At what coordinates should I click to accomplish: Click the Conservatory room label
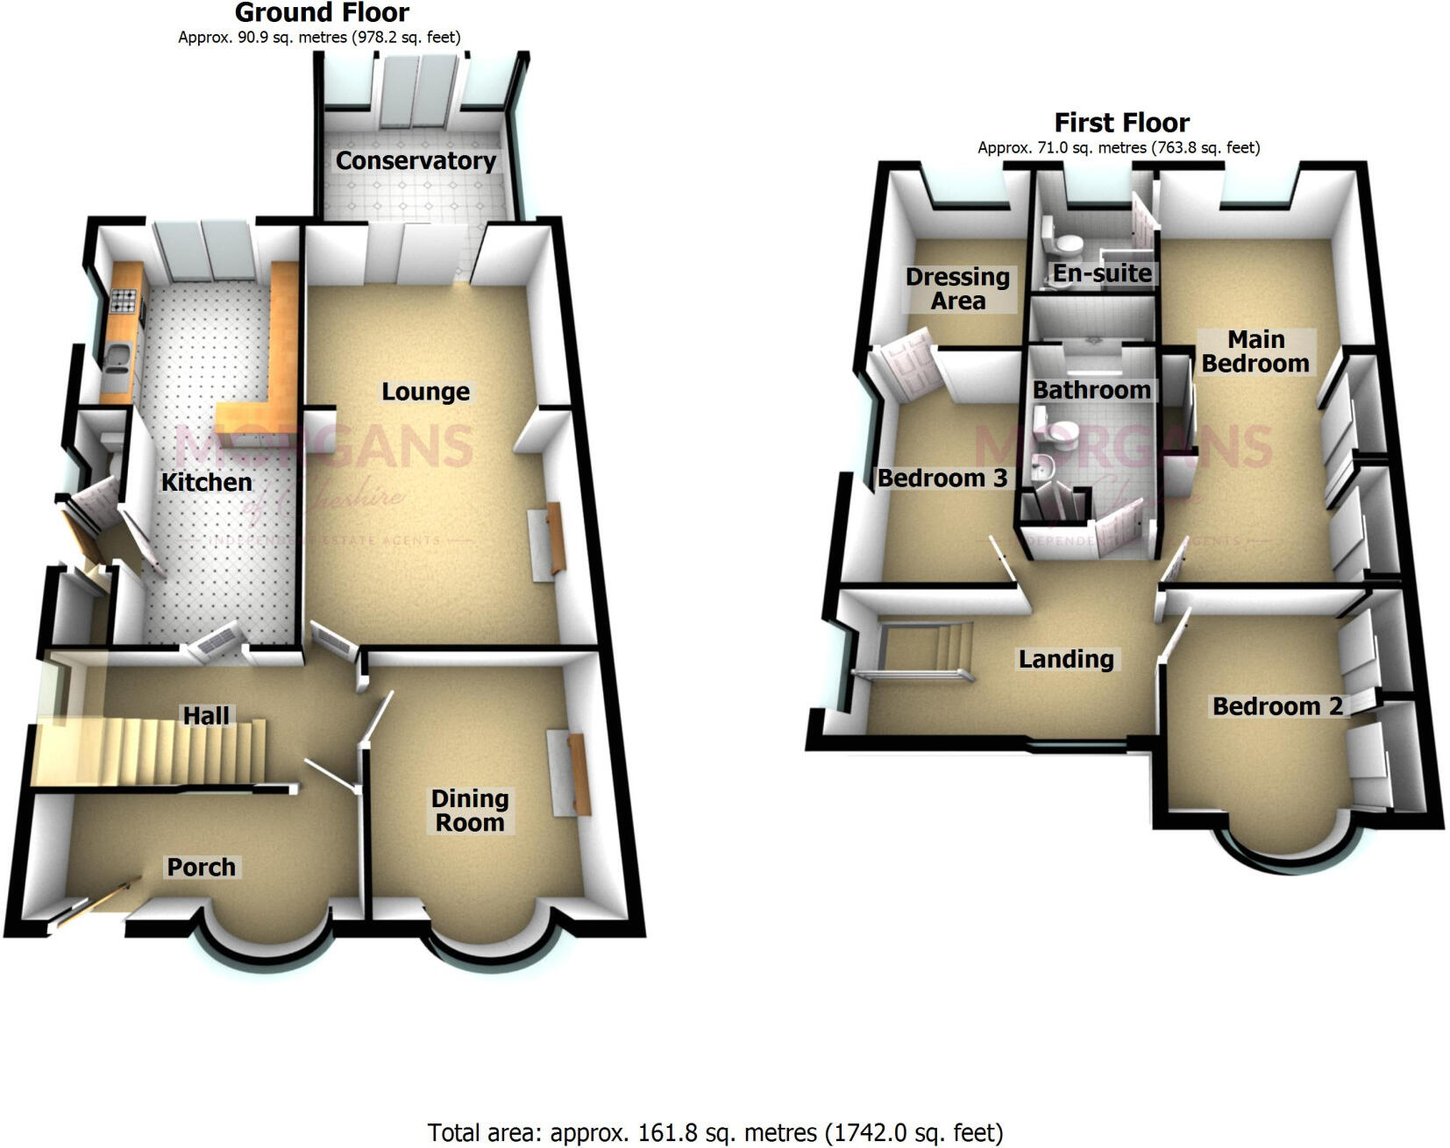[x=416, y=161]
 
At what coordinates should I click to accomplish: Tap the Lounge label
[x=425, y=392]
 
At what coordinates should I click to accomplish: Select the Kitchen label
[x=206, y=482]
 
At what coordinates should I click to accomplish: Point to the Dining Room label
[x=470, y=811]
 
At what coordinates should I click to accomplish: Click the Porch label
[x=202, y=868]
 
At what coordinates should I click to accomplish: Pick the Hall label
[x=206, y=716]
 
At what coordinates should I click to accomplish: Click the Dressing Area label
[x=957, y=289]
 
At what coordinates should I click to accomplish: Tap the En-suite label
[x=1102, y=273]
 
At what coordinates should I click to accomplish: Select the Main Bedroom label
[x=1255, y=351]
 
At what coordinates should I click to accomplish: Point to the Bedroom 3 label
[x=942, y=478]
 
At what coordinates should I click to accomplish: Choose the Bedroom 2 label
[x=1277, y=706]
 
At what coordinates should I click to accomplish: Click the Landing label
[x=1066, y=659]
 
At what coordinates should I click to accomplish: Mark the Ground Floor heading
[x=322, y=13]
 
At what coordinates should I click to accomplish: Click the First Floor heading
[x=1121, y=123]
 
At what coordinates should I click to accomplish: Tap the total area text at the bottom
[x=714, y=1133]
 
